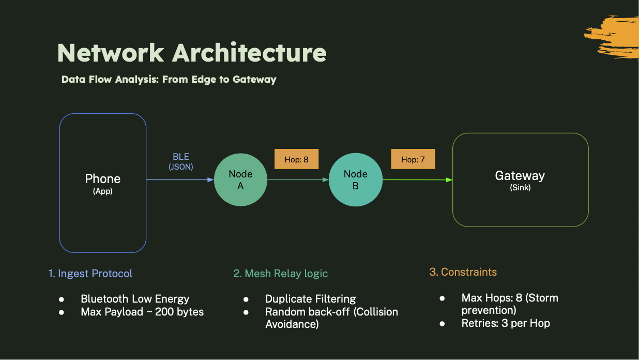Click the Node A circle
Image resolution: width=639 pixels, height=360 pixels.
point(240,180)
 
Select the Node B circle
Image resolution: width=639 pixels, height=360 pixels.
point(355,180)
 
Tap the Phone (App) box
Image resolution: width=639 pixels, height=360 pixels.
point(103,183)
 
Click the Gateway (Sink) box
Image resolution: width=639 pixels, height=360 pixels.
point(520,180)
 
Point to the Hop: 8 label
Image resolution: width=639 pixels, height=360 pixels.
point(296,159)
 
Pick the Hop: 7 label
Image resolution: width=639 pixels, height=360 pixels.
point(413,159)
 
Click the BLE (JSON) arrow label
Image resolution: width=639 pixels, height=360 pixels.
point(181,161)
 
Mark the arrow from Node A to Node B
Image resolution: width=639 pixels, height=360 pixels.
point(298,180)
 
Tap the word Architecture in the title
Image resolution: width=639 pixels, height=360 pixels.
point(249,53)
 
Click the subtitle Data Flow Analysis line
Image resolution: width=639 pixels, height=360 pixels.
point(169,80)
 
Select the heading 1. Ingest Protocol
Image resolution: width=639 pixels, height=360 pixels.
point(90,274)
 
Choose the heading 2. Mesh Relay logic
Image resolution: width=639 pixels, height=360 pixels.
point(281,274)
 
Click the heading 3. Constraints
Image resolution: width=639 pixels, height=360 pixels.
point(463,272)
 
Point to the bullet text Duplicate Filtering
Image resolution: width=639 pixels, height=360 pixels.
point(310,299)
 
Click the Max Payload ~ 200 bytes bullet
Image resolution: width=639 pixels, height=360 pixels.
point(142,312)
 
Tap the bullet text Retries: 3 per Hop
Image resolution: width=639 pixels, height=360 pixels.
point(506,323)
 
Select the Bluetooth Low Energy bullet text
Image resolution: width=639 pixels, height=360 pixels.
point(135,299)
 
